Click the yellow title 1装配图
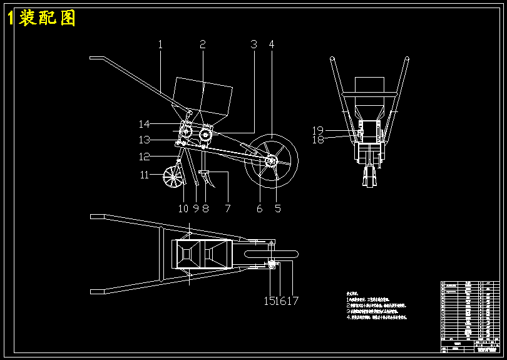coord(41,18)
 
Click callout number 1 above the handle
coord(160,45)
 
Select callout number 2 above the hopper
coord(203,45)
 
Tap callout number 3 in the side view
coord(253,45)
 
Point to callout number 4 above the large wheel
coord(272,45)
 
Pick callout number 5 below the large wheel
coord(278,208)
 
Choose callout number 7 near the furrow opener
coord(228,208)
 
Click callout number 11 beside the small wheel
coord(145,175)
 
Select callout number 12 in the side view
coord(145,157)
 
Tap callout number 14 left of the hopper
coord(145,124)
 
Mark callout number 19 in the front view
coord(318,130)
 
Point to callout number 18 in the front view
coord(318,140)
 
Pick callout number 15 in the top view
coord(269,301)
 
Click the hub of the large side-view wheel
coord(272,160)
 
